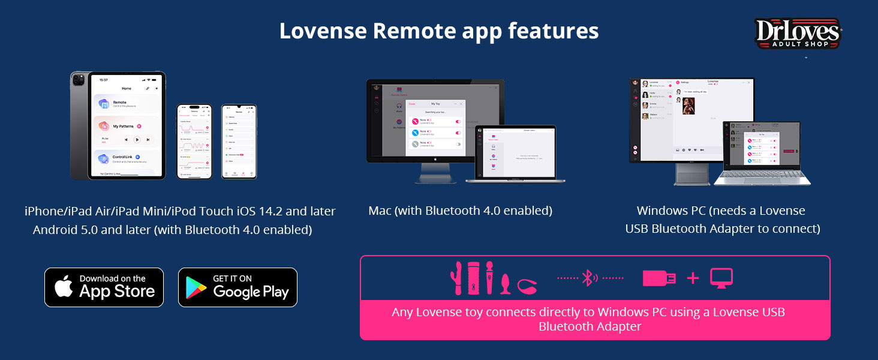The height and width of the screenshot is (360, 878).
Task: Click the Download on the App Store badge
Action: pyautogui.click(x=104, y=287)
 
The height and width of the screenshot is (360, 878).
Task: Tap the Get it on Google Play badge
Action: pyautogui.click(x=237, y=287)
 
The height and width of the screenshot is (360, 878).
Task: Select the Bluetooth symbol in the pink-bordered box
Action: pyautogui.click(x=590, y=278)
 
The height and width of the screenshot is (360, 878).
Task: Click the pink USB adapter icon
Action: pyautogui.click(x=659, y=278)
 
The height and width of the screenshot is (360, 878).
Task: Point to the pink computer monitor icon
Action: pyautogui.click(x=721, y=278)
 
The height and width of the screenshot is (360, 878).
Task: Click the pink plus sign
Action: pyautogui.click(x=693, y=278)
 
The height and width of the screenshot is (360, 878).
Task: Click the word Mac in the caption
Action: pyautogui.click(x=380, y=211)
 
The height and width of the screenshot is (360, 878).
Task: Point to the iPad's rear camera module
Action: pyautogui.click(x=78, y=80)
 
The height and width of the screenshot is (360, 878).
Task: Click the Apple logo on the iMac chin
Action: pyautogui.click(x=435, y=160)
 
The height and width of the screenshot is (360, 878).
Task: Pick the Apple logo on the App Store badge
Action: pyautogui.click(x=64, y=287)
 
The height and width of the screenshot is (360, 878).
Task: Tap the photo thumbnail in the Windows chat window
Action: pyautogui.click(x=688, y=106)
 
